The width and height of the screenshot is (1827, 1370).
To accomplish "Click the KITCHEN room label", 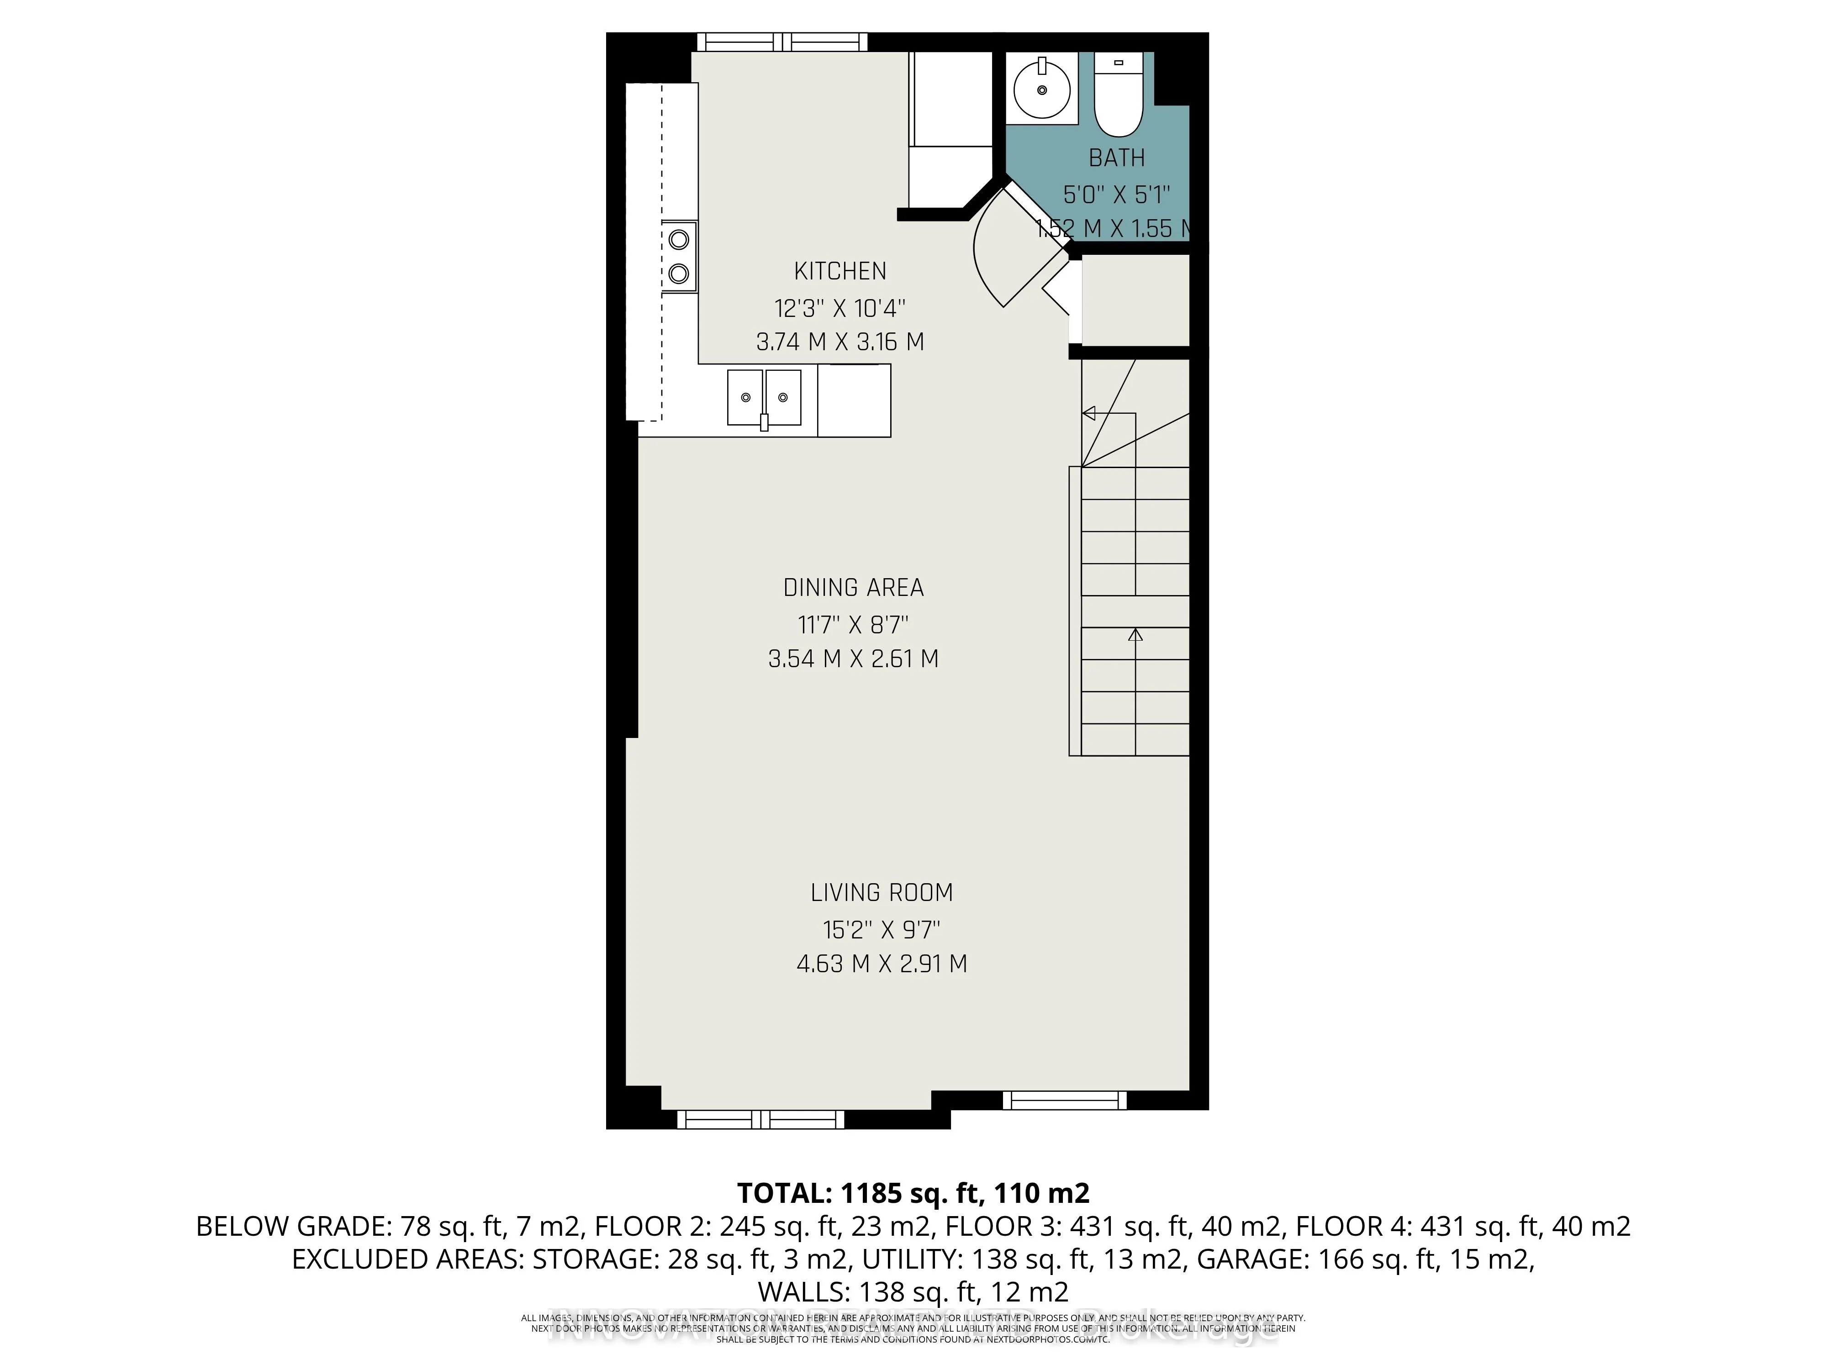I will [x=840, y=271].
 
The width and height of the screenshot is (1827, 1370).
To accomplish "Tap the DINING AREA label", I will [x=853, y=588].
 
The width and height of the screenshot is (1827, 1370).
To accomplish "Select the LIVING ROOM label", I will [x=881, y=893].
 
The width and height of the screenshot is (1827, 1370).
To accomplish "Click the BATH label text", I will [x=1117, y=158].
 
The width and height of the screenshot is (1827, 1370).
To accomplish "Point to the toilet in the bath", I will [x=1118, y=97].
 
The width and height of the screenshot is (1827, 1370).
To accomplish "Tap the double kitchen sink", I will [x=764, y=398].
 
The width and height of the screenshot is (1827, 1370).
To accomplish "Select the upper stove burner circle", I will [x=679, y=239].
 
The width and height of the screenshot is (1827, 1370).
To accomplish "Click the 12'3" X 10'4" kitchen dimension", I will [x=840, y=309].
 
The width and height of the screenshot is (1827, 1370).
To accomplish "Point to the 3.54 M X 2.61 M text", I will [x=853, y=659].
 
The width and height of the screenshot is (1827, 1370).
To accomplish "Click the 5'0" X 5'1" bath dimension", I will [x=1117, y=195].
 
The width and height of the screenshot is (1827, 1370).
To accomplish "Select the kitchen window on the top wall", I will [x=781, y=42].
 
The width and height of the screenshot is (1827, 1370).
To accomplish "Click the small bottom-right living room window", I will [x=1065, y=1100].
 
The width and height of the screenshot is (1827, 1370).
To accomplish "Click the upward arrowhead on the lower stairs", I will [x=1135, y=635].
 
